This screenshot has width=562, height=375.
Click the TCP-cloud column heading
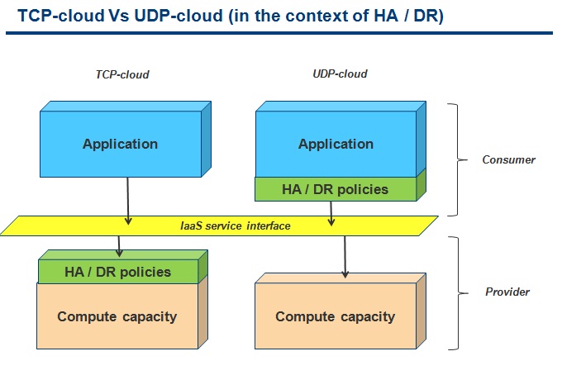[x=122, y=74]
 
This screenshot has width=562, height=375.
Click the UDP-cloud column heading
[x=340, y=74]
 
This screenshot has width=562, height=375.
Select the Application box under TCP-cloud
[x=126, y=140]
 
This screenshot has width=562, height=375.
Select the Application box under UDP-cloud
[x=341, y=140]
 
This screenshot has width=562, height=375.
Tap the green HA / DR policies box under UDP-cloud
[x=341, y=189]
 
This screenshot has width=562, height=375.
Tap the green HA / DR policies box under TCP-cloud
[x=123, y=267]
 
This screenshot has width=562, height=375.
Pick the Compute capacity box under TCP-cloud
[x=122, y=316]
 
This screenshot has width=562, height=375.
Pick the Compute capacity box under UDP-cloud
[x=341, y=311]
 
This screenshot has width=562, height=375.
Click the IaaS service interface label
[x=235, y=226]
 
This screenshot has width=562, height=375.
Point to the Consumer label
[x=508, y=159]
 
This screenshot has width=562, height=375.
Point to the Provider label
[x=507, y=292]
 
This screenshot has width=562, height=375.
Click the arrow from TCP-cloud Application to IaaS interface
[x=128, y=201]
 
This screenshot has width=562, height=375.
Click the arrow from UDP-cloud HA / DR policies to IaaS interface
[x=331, y=213]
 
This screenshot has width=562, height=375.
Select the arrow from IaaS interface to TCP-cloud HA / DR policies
[x=119, y=246]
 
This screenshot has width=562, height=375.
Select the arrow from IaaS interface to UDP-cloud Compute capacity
[x=345, y=257]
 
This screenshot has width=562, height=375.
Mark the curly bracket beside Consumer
[x=458, y=159]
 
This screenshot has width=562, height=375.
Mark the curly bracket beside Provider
[x=459, y=293]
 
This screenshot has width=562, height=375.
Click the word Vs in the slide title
[x=118, y=16]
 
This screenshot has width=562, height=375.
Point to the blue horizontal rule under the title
[x=279, y=33]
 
